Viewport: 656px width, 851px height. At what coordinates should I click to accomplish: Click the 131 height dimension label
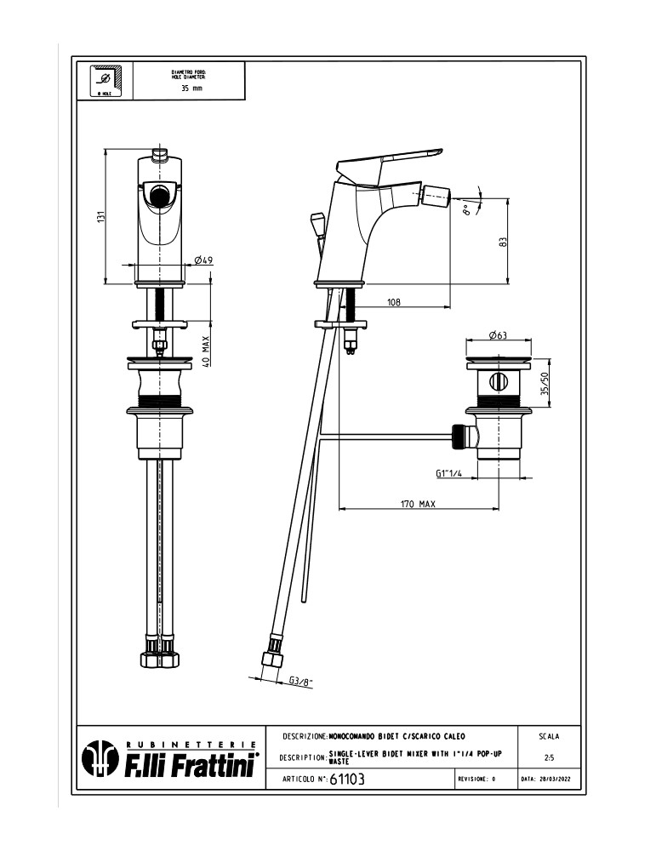(100, 218)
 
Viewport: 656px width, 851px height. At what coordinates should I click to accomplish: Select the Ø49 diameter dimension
(203, 260)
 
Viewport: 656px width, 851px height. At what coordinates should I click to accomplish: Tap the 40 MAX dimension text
(206, 350)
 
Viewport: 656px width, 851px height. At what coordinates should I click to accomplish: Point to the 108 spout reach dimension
(394, 301)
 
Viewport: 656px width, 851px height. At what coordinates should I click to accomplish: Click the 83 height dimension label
(503, 243)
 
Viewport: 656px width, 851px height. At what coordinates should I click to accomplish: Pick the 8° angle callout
(466, 209)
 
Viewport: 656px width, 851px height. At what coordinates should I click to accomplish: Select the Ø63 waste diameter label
(498, 335)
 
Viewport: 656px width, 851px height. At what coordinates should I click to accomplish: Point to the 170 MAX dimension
(418, 505)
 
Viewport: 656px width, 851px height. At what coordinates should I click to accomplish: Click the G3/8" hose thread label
(300, 681)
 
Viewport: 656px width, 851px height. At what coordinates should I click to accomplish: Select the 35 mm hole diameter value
(191, 89)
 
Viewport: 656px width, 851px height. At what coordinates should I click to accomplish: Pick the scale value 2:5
(549, 757)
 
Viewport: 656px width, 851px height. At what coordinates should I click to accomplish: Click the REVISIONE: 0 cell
(476, 780)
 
